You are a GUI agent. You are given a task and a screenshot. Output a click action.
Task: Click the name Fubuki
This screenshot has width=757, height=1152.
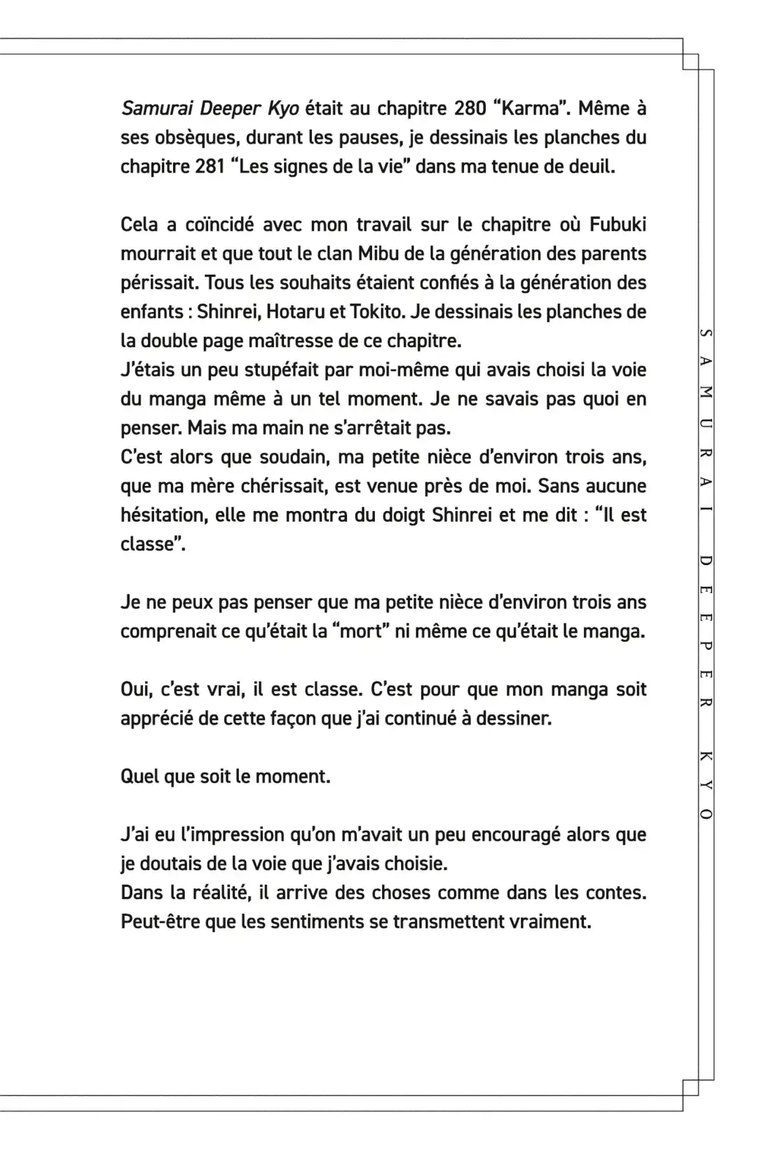(618, 225)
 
